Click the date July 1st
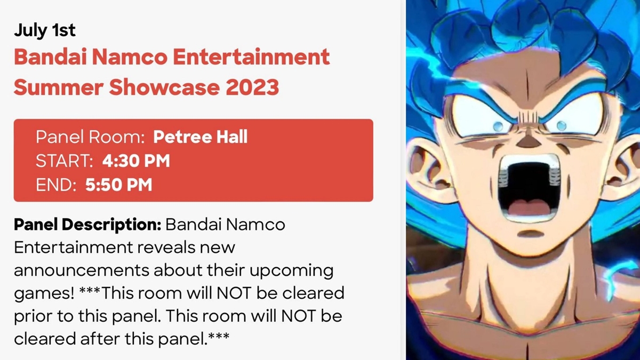[45, 30]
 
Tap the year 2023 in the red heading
[252, 87]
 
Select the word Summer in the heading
[59, 87]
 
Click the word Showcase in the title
[164, 87]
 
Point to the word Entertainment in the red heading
[251, 57]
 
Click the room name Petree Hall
[201, 137]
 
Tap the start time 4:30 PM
[136, 161]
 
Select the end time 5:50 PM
[118, 185]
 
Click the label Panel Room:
[90, 137]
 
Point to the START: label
[65, 161]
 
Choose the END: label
[56, 185]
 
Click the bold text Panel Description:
[87, 225]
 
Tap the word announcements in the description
[82, 270]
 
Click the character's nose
[527, 141]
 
